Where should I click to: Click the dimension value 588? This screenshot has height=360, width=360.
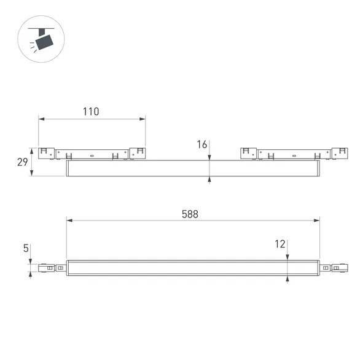[x=190, y=214]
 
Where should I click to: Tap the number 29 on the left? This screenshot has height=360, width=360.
[x=22, y=162]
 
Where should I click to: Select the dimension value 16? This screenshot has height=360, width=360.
[x=202, y=144]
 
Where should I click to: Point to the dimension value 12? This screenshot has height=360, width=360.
[x=280, y=244]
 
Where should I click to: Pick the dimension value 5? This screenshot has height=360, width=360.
[x=25, y=248]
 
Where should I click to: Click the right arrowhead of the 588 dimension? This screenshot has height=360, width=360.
[x=318, y=220]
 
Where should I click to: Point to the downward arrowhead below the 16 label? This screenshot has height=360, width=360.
[x=210, y=157]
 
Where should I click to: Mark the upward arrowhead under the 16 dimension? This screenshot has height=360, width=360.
[x=210, y=179]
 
